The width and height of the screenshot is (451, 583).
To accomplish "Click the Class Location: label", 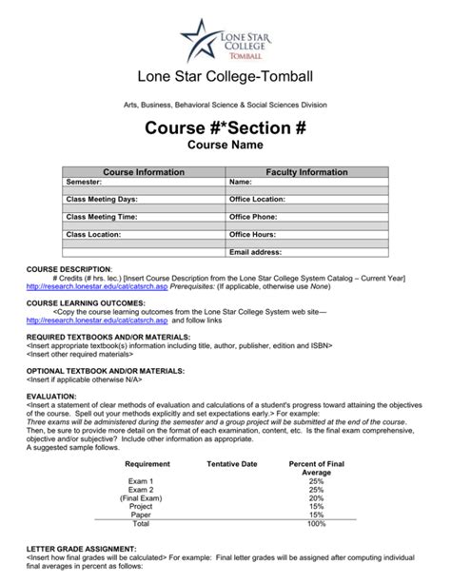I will pyautogui.click(x=93, y=234).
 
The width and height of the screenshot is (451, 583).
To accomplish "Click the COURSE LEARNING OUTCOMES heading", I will pyautogui.click(x=86, y=302).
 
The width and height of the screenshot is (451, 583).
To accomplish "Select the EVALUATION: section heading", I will pyautogui.click(x=52, y=370).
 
